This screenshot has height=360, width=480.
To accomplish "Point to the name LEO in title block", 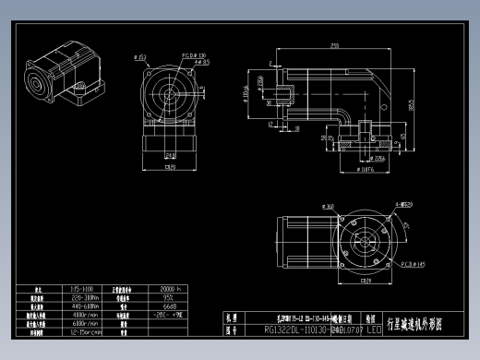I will pos(374,328).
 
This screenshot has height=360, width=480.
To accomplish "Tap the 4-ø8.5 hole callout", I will pos(201,63).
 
